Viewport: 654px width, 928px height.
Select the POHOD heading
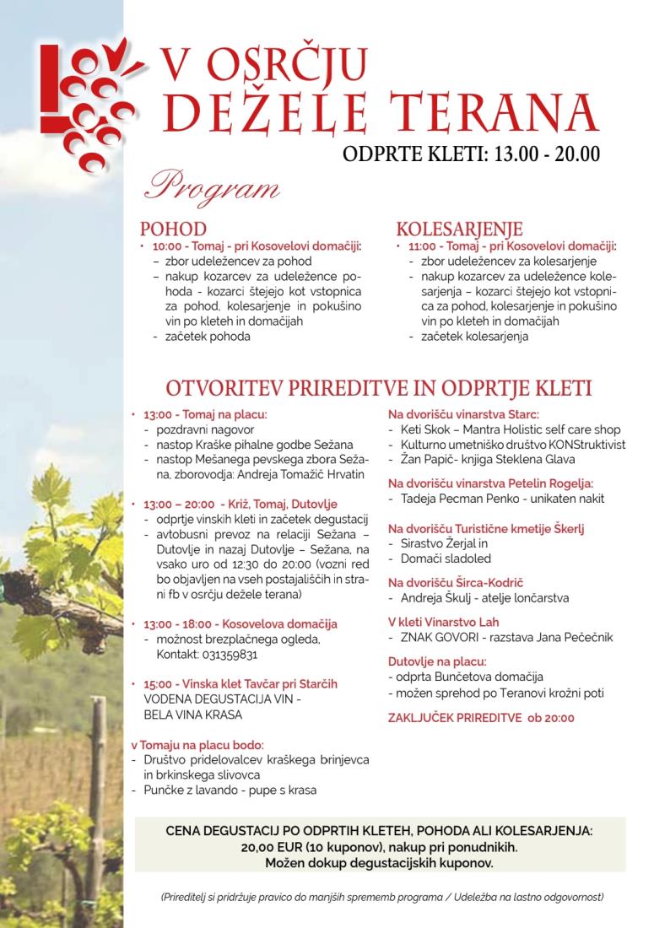pyautogui.click(x=173, y=229)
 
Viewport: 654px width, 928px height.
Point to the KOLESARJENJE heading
pyautogui.click(x=459, y=229)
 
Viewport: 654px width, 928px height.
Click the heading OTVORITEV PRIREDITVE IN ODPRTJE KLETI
pyautogui.click(x=379, y=388)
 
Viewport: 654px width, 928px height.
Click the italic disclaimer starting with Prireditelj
pyautogui.click(x=381, y=897)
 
